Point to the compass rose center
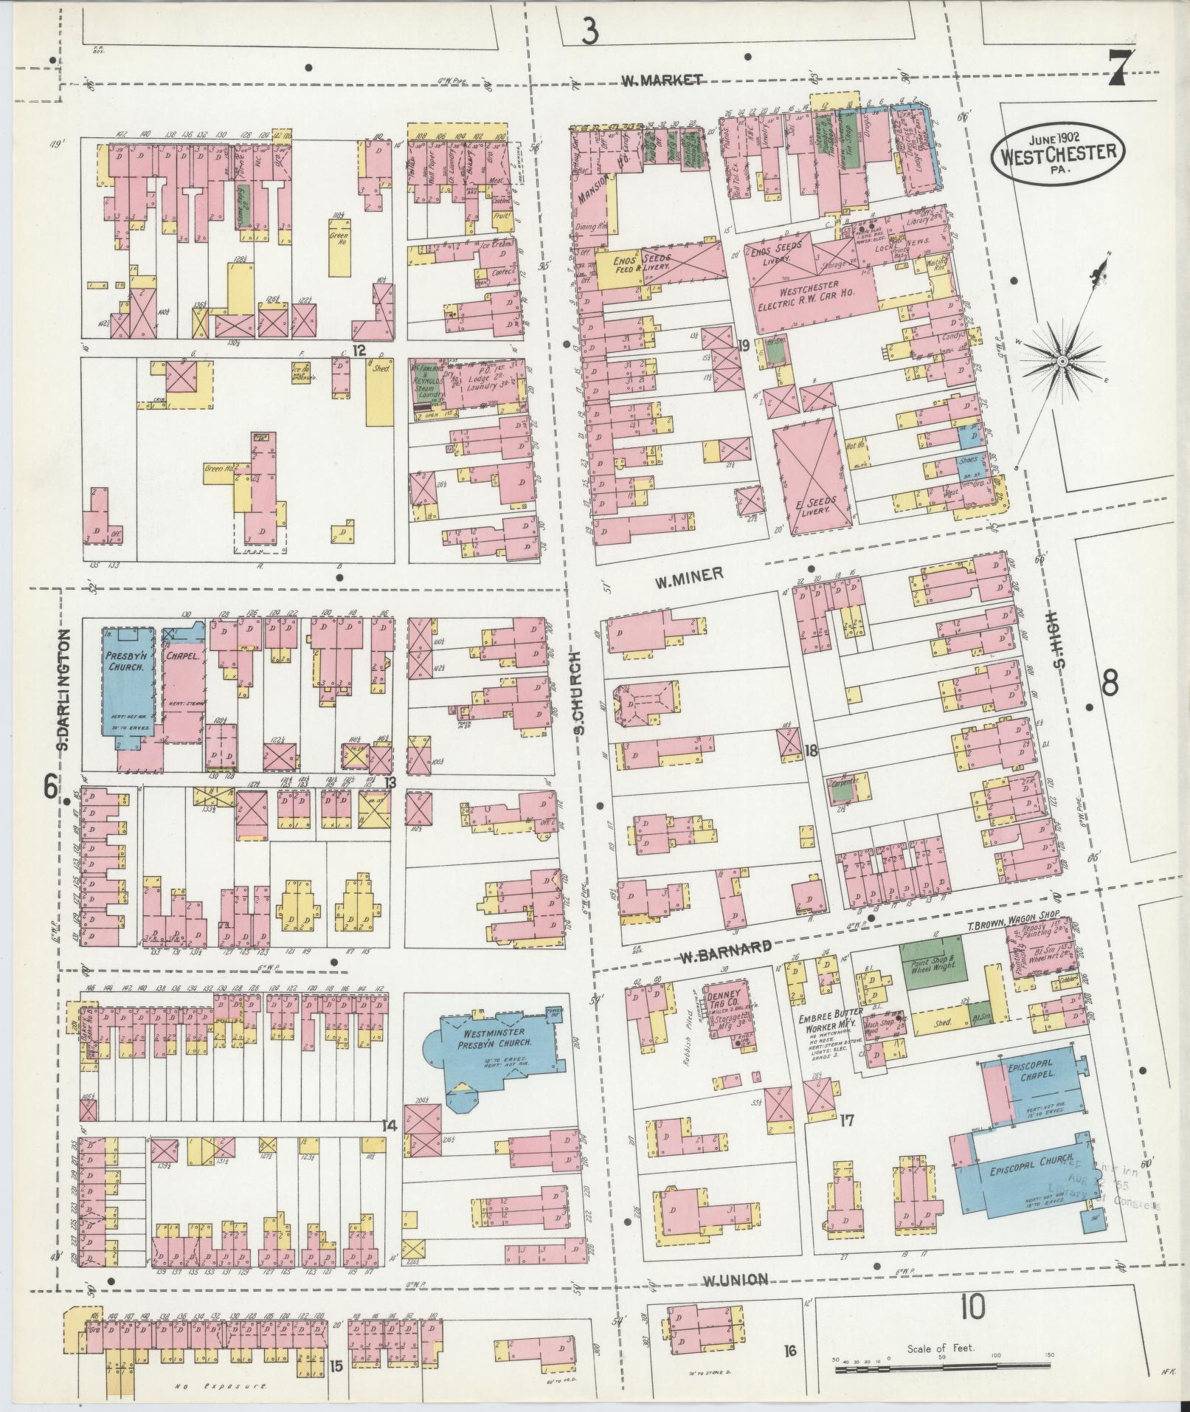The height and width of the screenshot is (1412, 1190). point(1062,362)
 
